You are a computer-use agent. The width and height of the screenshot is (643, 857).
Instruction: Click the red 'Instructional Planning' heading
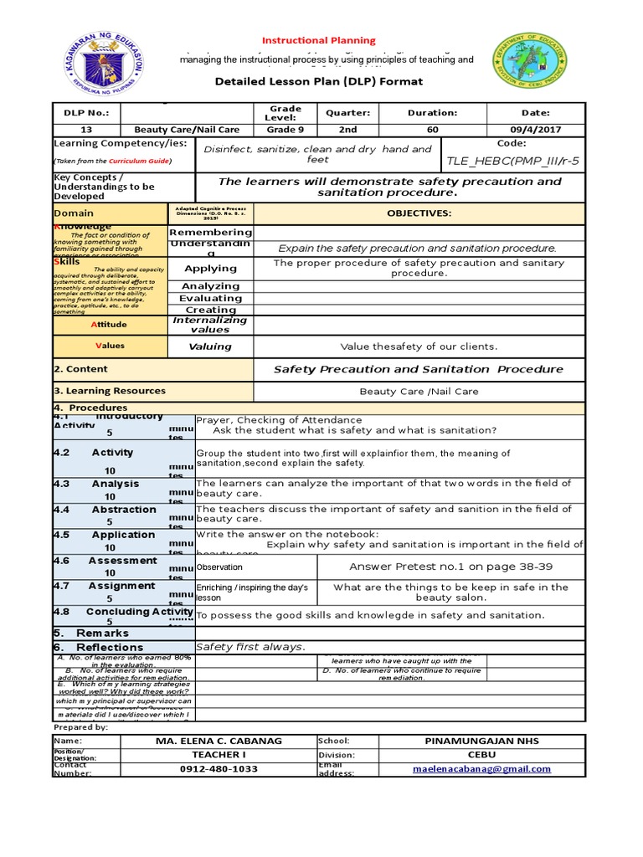pyautogui.click(x=320, y=40)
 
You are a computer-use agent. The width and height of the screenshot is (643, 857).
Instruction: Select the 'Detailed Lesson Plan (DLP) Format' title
pyautogui.click(x=320, y=81)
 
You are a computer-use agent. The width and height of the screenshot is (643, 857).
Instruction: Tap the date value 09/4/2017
pyautogui.click(x=535, y=130)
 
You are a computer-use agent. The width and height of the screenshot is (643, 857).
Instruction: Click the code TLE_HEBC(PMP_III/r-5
pyautogui.click(x=512, y=160)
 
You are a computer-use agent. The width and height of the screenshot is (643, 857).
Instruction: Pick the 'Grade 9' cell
pyautogui.click(x=285, y=130)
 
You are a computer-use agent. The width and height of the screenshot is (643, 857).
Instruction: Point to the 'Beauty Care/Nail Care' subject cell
pyautogui.click(x=187, y=130)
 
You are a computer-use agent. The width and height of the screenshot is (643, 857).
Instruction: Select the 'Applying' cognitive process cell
pyautogui.click(x=211, y=269)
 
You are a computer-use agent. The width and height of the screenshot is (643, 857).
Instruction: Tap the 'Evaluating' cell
pyautogui.click(x=211, y=298)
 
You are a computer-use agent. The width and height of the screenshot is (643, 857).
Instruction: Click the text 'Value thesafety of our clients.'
pyautogui.click(x=419, y=346)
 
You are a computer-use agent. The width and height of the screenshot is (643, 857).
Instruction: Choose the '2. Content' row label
pyautogui.click(x=80, y=369)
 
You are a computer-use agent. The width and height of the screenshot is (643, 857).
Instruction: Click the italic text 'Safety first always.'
pyautogui.click(x=250, y=647)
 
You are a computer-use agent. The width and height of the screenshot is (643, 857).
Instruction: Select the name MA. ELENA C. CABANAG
pyautogui.click(x=219, y=742)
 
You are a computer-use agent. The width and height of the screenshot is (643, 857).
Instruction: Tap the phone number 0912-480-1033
pyautogui.click(x=219, y=769)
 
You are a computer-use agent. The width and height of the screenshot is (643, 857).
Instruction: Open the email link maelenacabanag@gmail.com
pyautogui.click(x=482, y=769)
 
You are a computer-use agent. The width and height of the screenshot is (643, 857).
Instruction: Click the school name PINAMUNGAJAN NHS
pyautogui.click(x=482, y=742)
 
